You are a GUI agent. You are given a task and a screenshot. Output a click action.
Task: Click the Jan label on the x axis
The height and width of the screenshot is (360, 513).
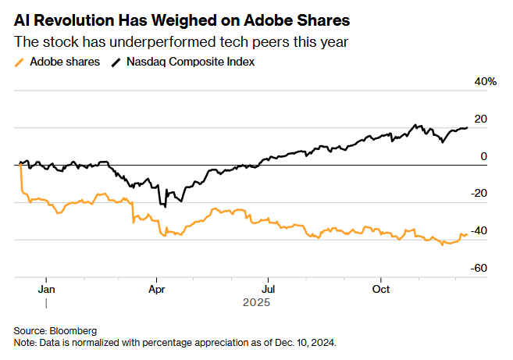pos(46,287)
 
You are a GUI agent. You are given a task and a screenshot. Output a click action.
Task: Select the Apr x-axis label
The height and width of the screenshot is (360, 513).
pos(157,287)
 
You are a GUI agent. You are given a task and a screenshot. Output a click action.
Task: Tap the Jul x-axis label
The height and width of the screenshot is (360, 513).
pos(268,287)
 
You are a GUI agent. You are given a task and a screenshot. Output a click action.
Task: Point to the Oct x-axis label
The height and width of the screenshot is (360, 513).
pos(380,287)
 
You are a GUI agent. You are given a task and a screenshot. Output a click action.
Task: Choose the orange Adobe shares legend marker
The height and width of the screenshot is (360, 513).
pos(20,61)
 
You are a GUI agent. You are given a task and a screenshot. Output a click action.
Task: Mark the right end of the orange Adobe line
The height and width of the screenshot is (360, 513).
pos(468,234)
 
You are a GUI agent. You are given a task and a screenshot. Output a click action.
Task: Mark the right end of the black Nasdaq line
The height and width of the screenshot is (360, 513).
pos(468,127)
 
